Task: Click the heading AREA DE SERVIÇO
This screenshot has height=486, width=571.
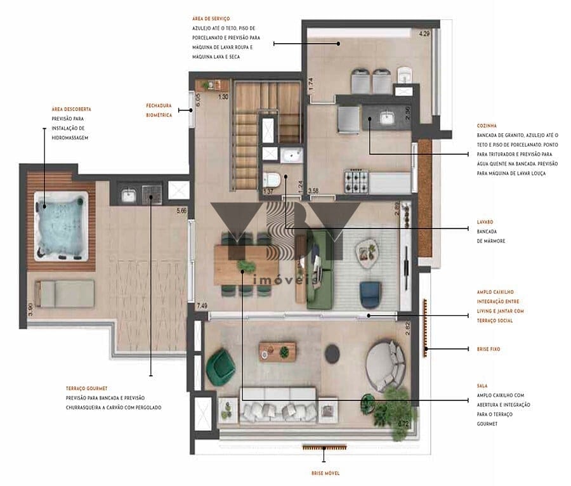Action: (x=212, y=20)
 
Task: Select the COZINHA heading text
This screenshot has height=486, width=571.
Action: (x=489, y=126)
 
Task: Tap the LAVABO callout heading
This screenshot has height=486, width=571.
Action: (x=487, y=223)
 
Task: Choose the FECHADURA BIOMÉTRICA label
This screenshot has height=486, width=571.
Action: (x=159, y=110)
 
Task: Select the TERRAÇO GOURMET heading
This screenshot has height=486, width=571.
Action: (x=86, y=388)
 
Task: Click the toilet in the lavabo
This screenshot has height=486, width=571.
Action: (x=272, y=181)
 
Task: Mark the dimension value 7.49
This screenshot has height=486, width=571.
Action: (x=202, y=306)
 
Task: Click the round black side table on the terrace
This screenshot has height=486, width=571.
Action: (x=332, y=353)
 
